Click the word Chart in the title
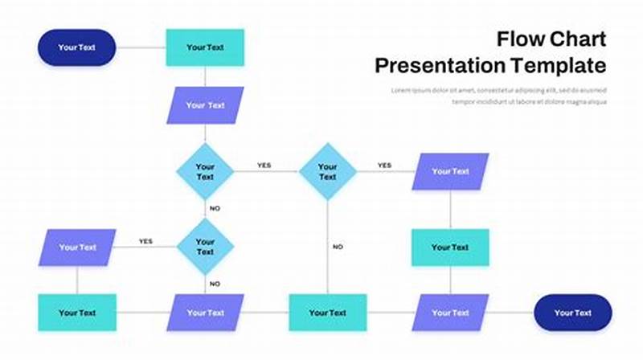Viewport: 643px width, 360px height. (576, 38)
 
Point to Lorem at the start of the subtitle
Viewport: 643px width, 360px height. (402, 89)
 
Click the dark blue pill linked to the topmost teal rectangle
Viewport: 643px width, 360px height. (76, 47)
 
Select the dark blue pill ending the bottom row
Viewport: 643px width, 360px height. (573, 313)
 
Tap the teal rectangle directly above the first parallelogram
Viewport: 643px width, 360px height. (205, 47)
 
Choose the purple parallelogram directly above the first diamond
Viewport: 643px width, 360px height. (205, 105)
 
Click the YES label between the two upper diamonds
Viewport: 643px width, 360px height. (264, 166)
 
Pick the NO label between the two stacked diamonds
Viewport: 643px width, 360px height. (215, 208)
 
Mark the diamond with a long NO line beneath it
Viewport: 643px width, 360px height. (327, 172)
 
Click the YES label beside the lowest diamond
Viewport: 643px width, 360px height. (145, 241)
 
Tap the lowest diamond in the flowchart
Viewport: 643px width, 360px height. (205, 247)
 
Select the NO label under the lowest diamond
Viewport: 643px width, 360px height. (215, 284)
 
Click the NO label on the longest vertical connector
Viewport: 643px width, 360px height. (338, 247)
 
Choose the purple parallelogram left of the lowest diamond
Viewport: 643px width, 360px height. (77, 247)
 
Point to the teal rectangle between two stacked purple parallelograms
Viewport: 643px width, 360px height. (450, 247)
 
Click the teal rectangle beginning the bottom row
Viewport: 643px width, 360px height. (77, 313)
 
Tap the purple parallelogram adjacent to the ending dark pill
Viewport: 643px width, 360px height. (450, 313)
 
